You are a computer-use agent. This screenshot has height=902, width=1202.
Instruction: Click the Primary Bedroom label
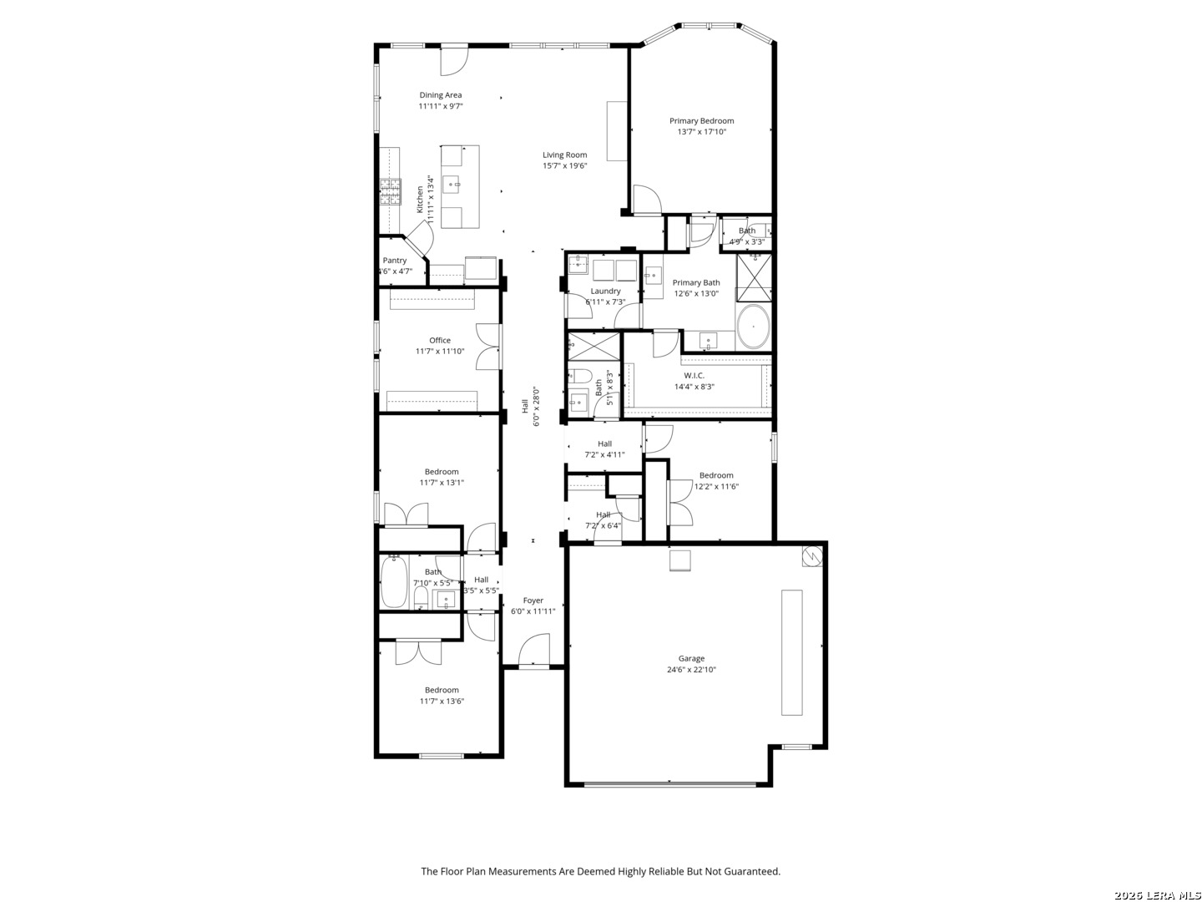tap(701, 120)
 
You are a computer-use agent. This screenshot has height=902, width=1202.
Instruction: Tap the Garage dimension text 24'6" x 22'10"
tap(691, 669)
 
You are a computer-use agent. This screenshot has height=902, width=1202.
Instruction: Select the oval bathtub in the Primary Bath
tap(754, 327)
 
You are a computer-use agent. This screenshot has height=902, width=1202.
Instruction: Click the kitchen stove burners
tap(391, 192)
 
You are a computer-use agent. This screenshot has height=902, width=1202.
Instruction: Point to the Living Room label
tap(564, 155)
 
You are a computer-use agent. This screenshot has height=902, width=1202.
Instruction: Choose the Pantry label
tap(394, 261)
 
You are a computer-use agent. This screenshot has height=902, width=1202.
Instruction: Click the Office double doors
tap(489, 346)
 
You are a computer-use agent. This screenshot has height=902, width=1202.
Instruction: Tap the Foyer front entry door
tap(534, 650)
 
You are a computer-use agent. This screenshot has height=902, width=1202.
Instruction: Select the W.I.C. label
tap(694, 376)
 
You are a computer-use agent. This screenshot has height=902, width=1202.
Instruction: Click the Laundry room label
tap(605, 291)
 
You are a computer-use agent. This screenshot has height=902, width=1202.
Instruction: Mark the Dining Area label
tap(440, 95)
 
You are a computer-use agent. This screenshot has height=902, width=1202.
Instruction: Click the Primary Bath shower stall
tap(754, 277)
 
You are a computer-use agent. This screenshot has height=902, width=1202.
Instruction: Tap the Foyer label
tap(533, 600)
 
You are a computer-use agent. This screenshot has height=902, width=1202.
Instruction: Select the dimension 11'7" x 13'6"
tap(442, 701)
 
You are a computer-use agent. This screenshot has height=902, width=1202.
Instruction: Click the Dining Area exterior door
tap(454, 61)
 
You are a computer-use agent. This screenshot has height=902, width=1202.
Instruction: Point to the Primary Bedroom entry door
tap(647, 200)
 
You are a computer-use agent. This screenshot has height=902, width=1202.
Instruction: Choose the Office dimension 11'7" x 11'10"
tap(440, 351)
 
